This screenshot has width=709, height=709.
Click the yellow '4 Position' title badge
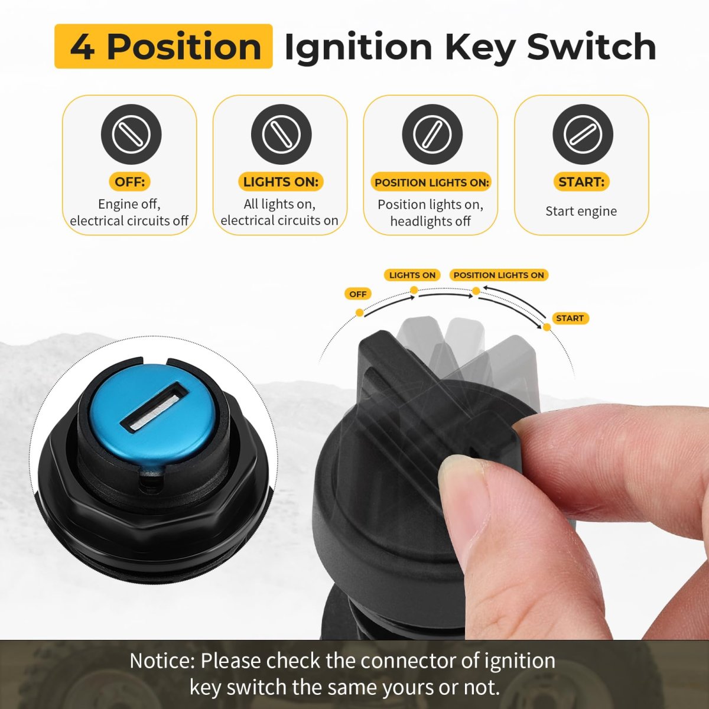pyautogui.click(x=163, y=46)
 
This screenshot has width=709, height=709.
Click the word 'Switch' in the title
pyautogui.click(x=591, y=47)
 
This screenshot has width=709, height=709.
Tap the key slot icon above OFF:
pyautogui.click(x=131, y=134)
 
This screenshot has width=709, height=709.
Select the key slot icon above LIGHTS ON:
pyautogui.click(x=281, y=134)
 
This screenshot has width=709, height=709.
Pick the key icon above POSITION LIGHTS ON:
pyautogui.click(x=432, y=134)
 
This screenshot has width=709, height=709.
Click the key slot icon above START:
pyautogui.click(x=583, y=134)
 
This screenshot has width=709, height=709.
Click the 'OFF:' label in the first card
pyautogui.click(x=130, y=182)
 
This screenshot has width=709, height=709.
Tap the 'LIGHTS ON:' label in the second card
pyautogui.click(x=281, y=182)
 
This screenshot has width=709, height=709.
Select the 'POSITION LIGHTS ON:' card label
pyautogui.click(x=432, y=182)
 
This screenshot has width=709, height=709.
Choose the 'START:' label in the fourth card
pyautogui.click(x=581, y=182)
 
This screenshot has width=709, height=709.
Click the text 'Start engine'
pyautogui.click(x=581, y=211)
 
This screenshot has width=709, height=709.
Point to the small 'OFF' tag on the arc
pyautogui.click(x=358, y=294)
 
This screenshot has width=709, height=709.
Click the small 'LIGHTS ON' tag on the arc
pyautogui.click(x=412, y=275)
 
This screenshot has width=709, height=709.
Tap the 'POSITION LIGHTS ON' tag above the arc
pyautogui.click(x=499, y=275)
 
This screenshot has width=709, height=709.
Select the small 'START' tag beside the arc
pyautogui.click(x=570, y=318)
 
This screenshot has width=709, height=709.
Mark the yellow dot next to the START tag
pyautogui.click(x=547, y=327)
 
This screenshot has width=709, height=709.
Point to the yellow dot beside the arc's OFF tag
pyautogui.click(x=359, y=313)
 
